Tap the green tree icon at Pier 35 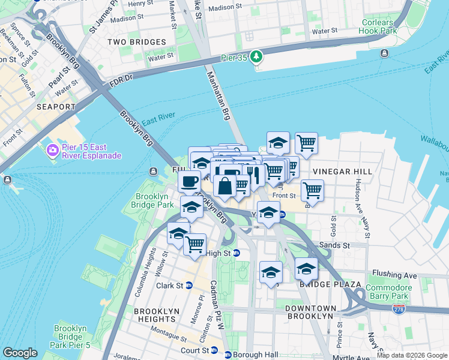coord(257,56)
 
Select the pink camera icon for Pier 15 coord(52,149)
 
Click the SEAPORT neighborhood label coord(56,107)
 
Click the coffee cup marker coord(190,181)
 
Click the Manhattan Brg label coord(218,95)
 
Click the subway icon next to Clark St coord(188,285)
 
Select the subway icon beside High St coord(237,253)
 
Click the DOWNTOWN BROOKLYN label coord(309,311)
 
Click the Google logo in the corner coord(20,353)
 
